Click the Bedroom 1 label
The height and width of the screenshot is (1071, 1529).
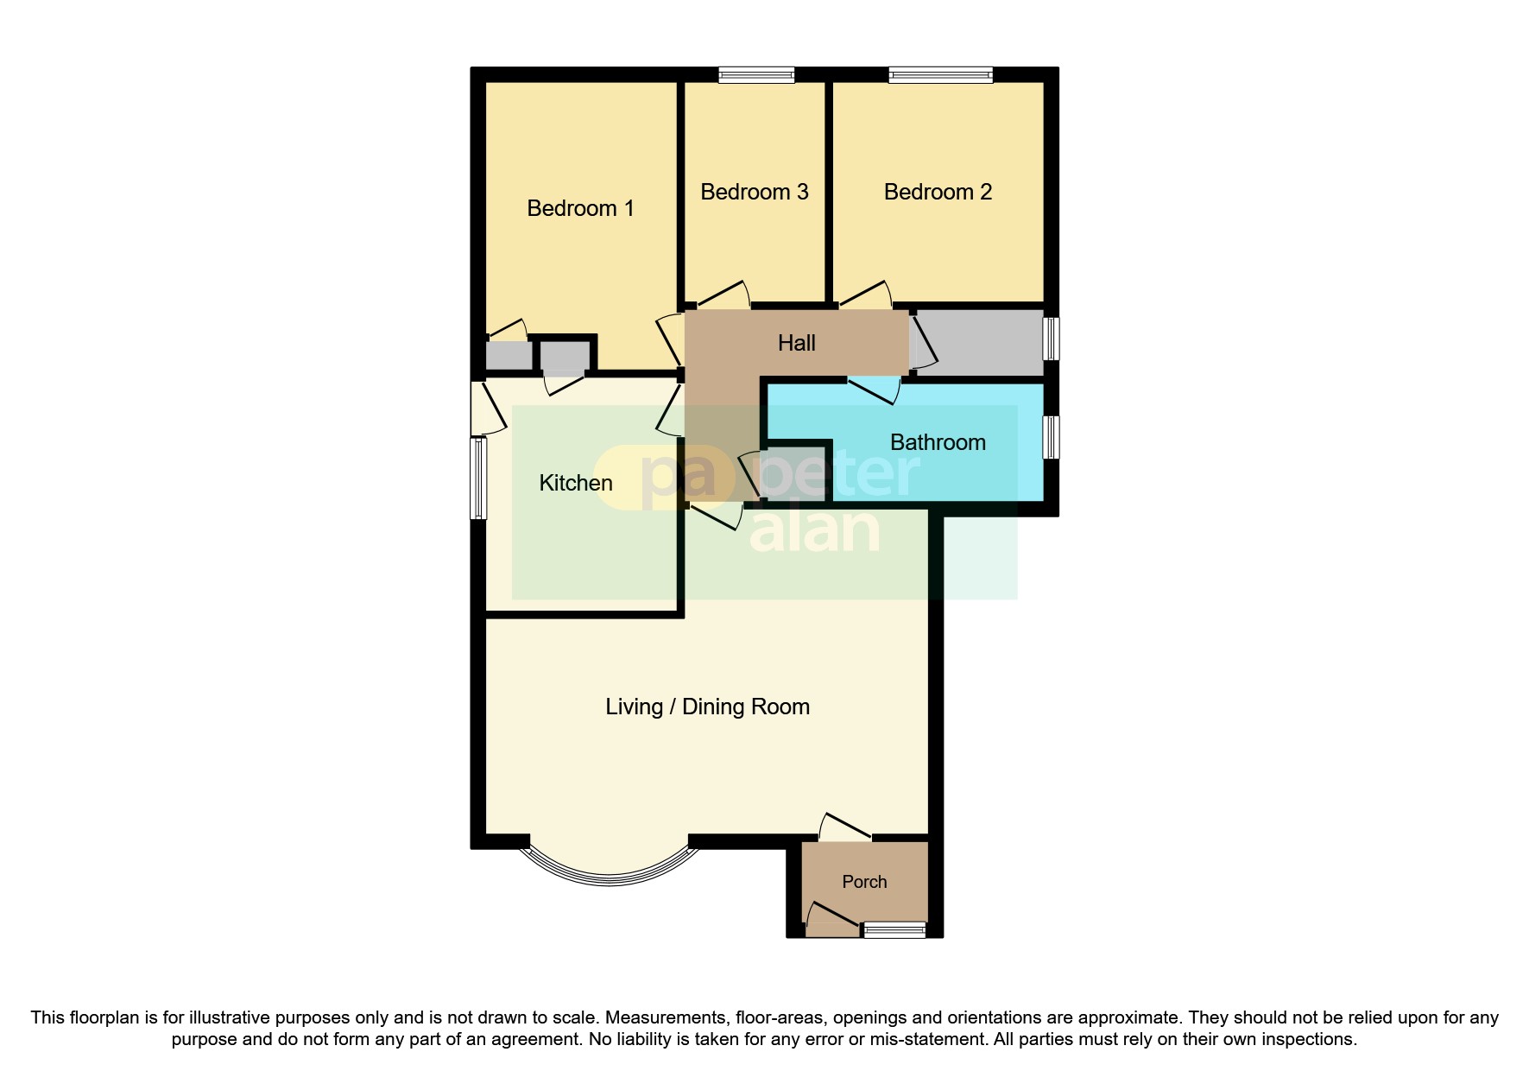(580, 208)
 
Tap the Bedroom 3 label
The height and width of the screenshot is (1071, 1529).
(754, 192)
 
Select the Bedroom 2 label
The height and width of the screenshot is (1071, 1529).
(938, 192)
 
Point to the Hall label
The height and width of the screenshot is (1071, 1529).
(796, 343)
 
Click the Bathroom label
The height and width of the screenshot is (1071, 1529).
(938, 442)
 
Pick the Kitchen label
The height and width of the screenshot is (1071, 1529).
(576, 483)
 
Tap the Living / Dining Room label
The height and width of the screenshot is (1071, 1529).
(707, 707)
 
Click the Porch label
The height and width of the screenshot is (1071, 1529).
(864, 882)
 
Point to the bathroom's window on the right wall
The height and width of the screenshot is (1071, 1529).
(1051, 437)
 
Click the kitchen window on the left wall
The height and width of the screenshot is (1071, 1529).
(478, 478)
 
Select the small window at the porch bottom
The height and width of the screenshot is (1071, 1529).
(894, 930)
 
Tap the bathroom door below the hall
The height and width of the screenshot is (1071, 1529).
(874, 390)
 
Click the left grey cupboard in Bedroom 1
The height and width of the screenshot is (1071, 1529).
(509, 356)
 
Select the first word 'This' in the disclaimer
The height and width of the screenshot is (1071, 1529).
(47, 1017)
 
